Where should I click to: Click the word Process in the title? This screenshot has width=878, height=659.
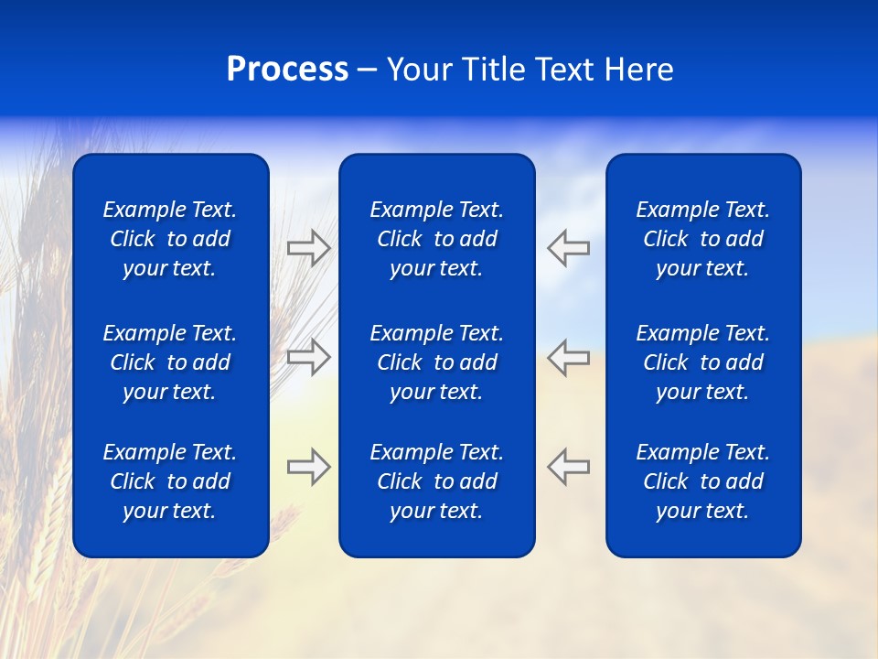287,70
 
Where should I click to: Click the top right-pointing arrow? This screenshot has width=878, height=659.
309,248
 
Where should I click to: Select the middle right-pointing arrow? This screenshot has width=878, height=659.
309,357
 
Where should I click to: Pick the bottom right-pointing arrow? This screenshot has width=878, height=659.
309,467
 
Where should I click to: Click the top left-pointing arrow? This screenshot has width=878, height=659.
568,248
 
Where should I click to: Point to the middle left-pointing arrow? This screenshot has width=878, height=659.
568,357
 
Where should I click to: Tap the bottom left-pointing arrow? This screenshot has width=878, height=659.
568,467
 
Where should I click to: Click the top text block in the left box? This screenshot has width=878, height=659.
170,239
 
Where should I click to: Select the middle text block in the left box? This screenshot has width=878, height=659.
170,362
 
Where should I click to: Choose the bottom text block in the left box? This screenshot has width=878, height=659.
170,481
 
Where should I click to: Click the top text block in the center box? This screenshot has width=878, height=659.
436,239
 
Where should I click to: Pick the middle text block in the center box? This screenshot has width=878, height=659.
436,362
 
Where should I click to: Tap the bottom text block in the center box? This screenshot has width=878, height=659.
436,481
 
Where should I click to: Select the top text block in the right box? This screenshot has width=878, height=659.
702,239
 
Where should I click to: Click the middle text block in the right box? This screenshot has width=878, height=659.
702,362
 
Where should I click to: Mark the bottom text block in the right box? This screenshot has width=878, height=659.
702,481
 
